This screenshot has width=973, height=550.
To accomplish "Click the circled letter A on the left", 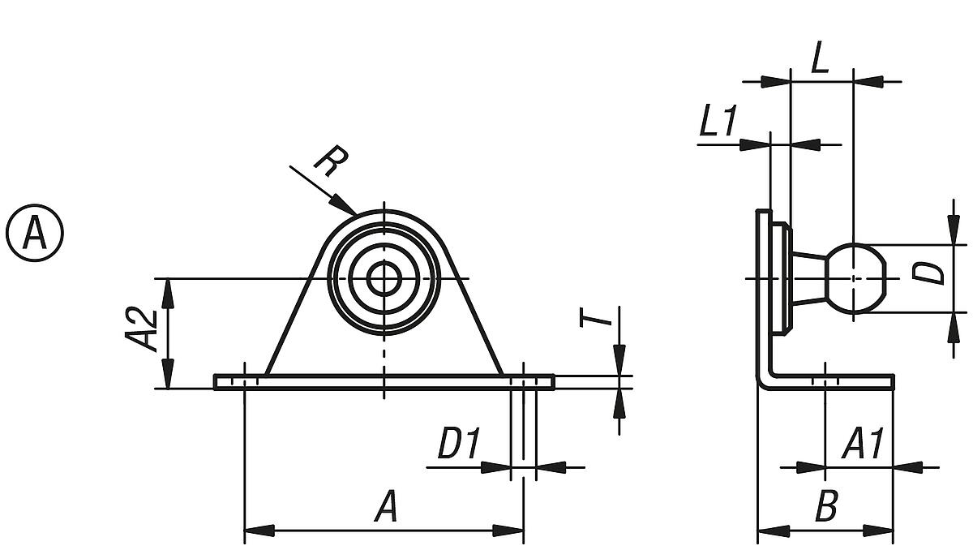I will [35, 233].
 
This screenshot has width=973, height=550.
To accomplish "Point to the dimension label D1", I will [458, 445].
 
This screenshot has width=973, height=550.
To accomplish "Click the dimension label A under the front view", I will [386, 509].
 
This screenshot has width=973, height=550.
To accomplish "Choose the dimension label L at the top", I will [820, 61].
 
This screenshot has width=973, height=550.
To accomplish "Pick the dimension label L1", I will [718, 123].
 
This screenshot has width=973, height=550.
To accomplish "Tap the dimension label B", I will [825, 509].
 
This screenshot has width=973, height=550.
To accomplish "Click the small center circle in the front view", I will [384, 278].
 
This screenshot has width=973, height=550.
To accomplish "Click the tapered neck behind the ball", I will [809, 278].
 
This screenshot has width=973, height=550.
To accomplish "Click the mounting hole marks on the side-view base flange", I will [825, 381].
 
